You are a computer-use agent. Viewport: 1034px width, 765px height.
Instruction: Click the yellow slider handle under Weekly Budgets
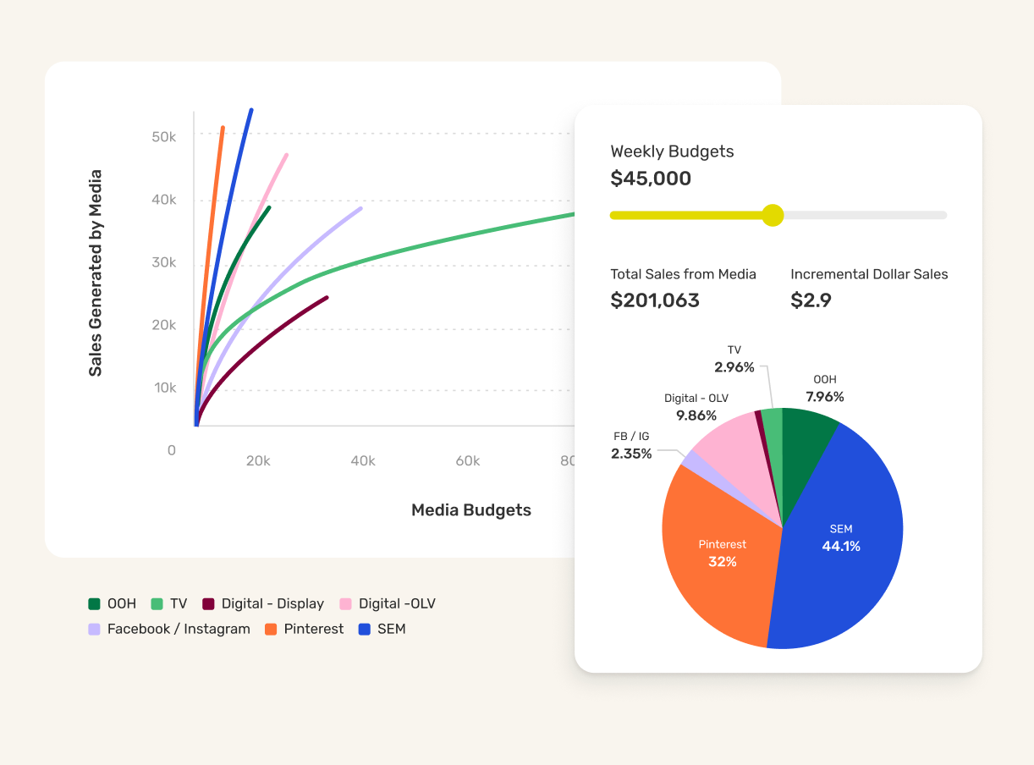tap(773, 215)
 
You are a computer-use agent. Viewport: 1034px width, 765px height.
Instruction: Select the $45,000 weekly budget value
tap(651, 179)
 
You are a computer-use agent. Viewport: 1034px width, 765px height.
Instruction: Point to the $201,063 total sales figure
tap(655, 300)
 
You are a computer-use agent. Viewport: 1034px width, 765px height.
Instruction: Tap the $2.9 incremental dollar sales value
tap(811, 300)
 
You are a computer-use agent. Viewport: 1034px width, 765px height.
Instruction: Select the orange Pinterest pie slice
tap(715, 559)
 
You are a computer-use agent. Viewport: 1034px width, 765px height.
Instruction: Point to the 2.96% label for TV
tap(734, 367)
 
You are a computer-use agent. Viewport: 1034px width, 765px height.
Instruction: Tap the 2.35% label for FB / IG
tap(631, 454)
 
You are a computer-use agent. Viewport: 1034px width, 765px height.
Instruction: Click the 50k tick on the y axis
tap(163, 136)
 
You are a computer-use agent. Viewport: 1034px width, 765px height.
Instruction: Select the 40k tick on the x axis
tap(363, 461)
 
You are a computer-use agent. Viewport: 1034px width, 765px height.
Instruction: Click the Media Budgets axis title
tap(471, 510)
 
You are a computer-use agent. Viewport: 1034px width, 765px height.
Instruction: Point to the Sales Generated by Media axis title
tap(96, 273)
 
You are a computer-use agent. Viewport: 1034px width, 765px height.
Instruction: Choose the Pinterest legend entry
tap(304, 629)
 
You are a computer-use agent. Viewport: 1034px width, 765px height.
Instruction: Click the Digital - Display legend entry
tap(263, 603)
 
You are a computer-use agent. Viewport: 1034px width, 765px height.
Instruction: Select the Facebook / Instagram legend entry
tap(169, 629)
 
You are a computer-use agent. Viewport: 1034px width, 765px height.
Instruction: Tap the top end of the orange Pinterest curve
tap(223, 129)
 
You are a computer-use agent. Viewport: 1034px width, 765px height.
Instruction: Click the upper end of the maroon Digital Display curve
tap(327, 297)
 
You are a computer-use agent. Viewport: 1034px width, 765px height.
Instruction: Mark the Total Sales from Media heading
tap(683, 274)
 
